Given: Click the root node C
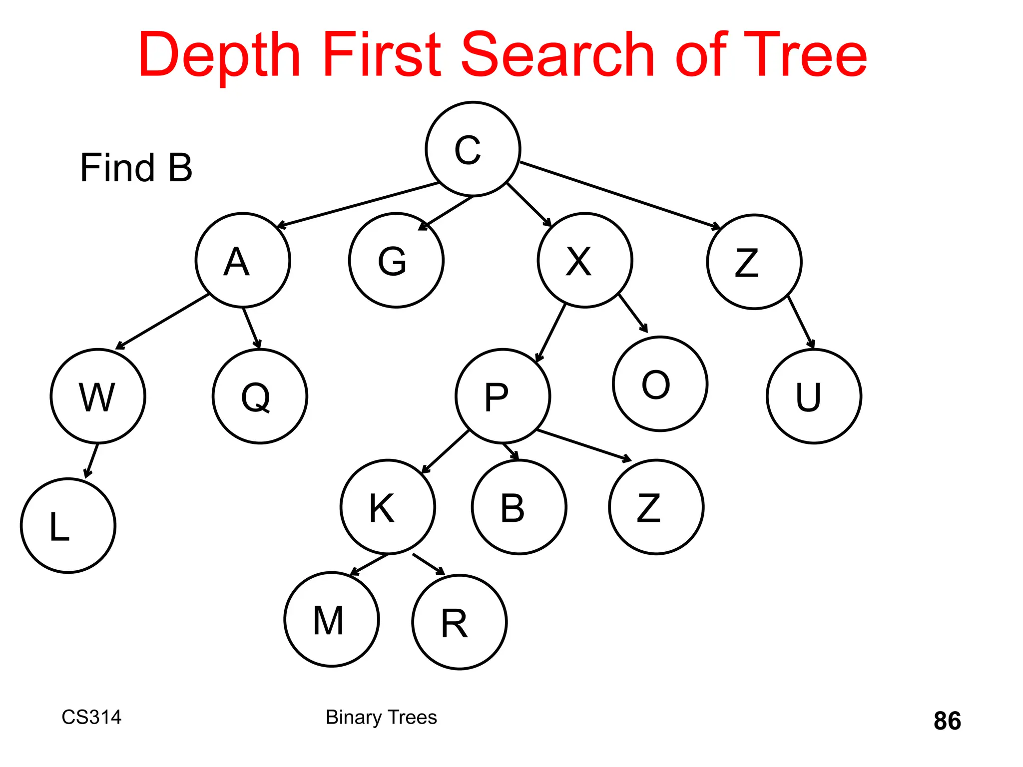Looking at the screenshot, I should (473, 149).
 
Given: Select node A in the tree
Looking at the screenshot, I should (243, 260).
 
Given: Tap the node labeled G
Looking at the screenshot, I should (396, 260).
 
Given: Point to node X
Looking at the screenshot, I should (584, 260).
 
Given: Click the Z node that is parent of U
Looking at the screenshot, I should (754, 262).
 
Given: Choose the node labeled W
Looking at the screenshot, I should (98, 396).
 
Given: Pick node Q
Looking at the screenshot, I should (260, 396).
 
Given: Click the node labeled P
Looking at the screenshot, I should (503, 396).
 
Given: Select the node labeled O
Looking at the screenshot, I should (660, 383).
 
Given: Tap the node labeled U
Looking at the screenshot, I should (814, 396).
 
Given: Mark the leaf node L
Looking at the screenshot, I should (68, 525).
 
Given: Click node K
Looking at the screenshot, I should (388, 507).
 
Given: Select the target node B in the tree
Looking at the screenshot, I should (519, 507).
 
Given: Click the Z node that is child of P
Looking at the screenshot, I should (656, 507).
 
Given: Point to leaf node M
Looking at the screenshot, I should (331, 619).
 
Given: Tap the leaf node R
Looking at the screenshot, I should (459, 622).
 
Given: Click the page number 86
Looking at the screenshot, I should (947, 721).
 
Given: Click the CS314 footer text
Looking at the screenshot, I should (91, 717).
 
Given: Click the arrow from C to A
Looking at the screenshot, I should (357, 205).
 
